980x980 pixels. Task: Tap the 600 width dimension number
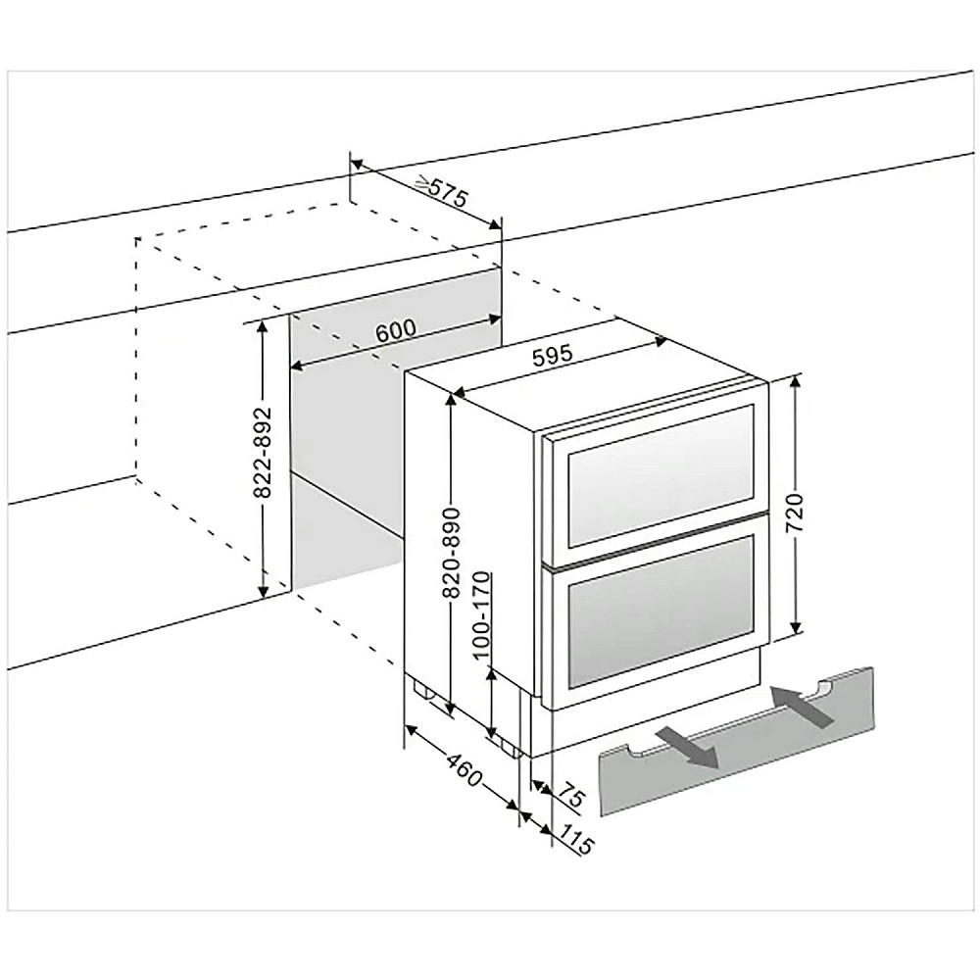coord(395,330)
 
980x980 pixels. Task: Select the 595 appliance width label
coord(554,358)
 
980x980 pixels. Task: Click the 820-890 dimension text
coord(452,554)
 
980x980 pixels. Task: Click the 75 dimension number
coord(571,796)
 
